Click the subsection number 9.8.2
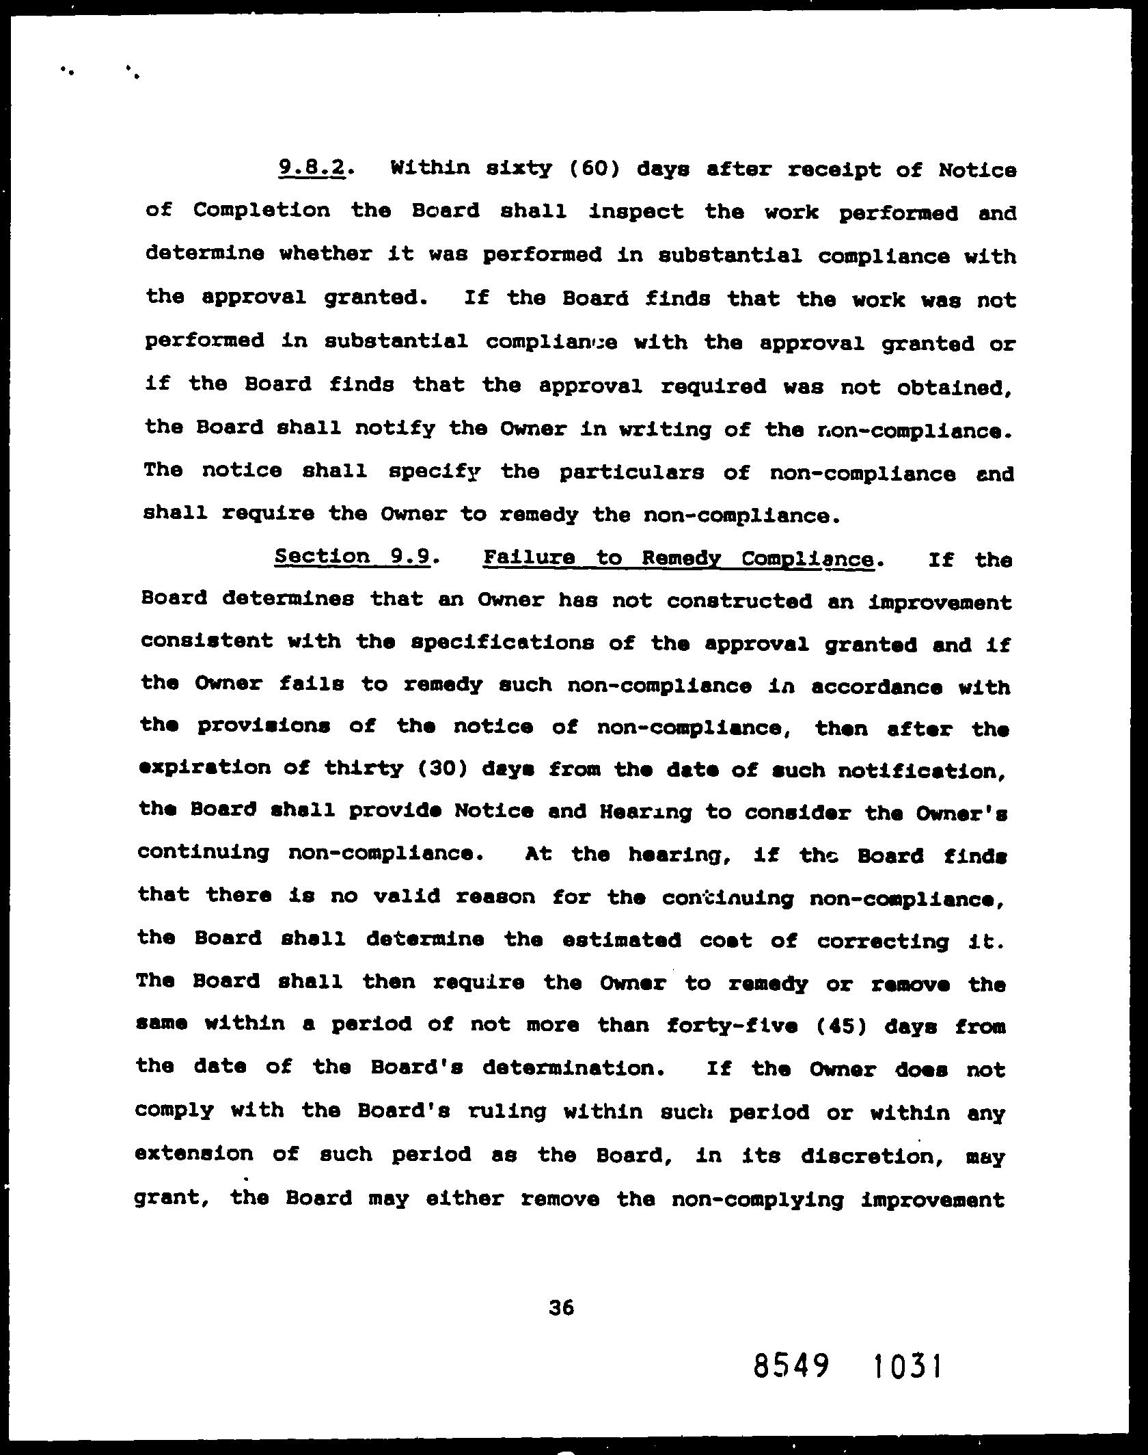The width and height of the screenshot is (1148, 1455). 311,168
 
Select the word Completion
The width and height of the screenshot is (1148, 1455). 261,211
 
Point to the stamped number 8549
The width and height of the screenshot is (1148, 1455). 792,1367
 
